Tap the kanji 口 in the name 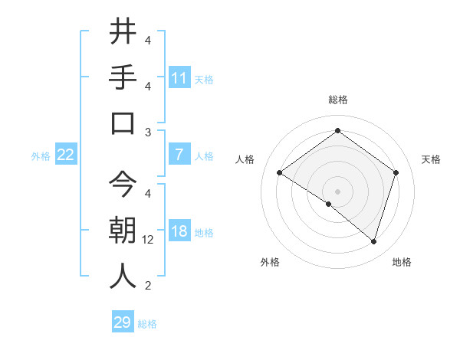coord(123,123)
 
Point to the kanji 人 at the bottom coord(123,277)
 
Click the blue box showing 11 coord(179,77)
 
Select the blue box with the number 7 coord(179,155)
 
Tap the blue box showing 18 coord(179,231)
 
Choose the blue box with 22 coord(66,155)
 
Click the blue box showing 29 coord(122,322)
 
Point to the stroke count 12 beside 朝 coord(148,240)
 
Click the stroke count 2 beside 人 coord(148,286)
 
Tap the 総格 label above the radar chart coord(337,100)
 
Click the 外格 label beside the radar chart coord(270,262)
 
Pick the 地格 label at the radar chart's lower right coord(402,262)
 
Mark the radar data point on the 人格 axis coord(280,173)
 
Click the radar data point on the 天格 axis coord(396,172)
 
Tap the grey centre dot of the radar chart coord(337,191)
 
